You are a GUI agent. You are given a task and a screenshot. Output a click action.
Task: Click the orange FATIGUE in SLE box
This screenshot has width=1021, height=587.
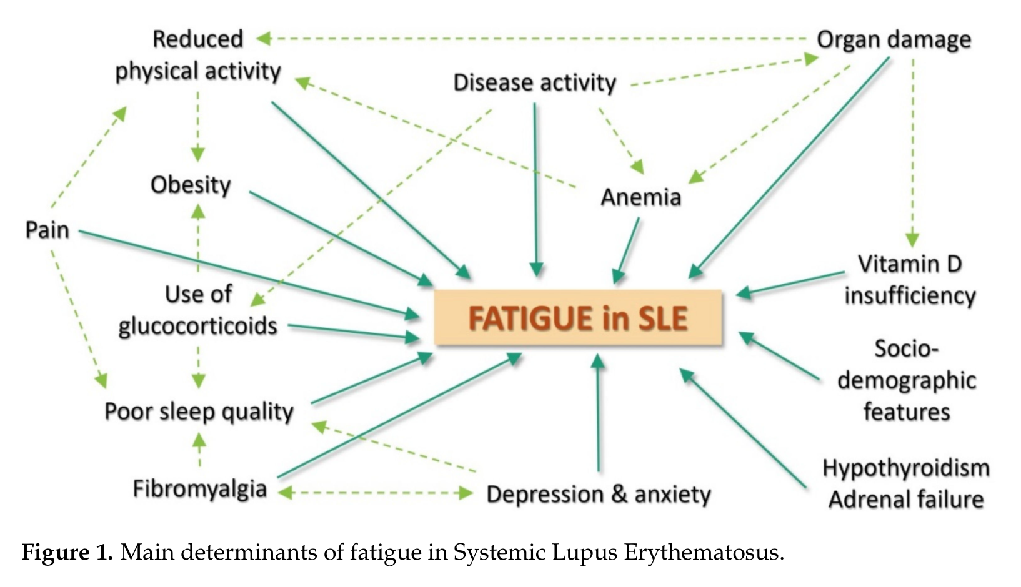[x=578, y=317]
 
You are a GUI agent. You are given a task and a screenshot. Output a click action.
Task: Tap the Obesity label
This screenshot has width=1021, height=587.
[x=191, y=185]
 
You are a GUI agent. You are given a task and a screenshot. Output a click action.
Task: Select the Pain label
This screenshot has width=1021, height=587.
[x=47, y=230]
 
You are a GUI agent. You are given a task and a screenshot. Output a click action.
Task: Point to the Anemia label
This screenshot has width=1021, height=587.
[x=641, y=197]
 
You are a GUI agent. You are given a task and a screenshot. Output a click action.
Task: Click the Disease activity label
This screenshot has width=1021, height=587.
[x=535, y=82]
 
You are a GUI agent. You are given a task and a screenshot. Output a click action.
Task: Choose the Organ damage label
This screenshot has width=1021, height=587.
[x=894, y=39]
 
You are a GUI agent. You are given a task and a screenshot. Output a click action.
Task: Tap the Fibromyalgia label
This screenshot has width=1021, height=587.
[x=200, y=489]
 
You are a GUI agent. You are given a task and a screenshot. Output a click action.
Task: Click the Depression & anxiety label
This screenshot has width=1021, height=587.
[x=599, y=494]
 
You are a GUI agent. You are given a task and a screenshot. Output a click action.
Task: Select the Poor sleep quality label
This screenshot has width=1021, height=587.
[x=199, y=412]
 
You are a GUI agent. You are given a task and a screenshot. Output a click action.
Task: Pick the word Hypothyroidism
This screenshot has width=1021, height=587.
[x=906, y=468]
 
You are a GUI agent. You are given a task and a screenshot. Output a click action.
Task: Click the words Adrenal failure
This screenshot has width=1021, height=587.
[x=906, y=500]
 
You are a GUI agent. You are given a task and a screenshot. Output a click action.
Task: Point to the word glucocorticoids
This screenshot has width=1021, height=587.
[x=198, y=327]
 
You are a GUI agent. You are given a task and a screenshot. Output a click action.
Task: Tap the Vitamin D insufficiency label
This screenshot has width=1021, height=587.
[x=910, y=280]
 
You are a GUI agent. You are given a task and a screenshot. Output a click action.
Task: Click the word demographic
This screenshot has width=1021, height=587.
[x=907, y=381]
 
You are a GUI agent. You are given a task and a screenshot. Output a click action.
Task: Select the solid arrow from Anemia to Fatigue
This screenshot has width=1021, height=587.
[x=626, y=250]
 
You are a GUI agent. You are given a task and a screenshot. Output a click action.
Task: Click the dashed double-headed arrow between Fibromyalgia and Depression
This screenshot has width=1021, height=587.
[x=375, y=493]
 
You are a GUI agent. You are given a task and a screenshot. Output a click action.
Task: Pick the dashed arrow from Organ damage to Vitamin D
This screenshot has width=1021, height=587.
[x=912, y=152]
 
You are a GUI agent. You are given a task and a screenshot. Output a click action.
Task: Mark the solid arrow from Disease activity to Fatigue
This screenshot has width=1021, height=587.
[x=535, y=189]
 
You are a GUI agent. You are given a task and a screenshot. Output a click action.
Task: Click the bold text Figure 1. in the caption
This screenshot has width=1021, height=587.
[x=67, y=553]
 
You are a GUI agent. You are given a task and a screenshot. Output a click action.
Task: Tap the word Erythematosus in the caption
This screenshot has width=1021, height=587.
[x=704, y=553]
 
